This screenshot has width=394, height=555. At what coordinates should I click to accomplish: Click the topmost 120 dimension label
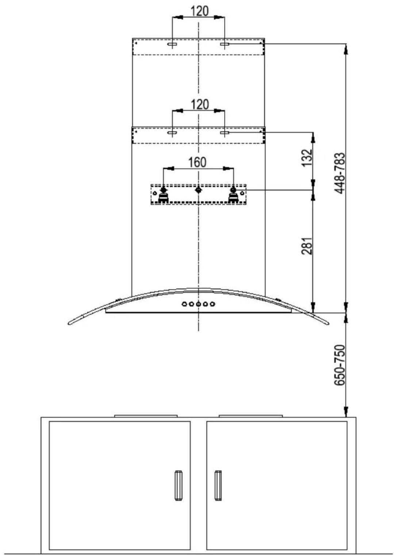point(199,11)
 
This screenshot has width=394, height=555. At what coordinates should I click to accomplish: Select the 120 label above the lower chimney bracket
point(199,104)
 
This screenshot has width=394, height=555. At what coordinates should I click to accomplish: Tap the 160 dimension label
point(197,162)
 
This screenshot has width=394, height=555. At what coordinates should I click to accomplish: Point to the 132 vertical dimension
point(306,158)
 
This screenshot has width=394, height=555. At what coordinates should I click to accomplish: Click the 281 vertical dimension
point(306,246)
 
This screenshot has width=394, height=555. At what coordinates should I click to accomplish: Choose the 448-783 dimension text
point(339,173)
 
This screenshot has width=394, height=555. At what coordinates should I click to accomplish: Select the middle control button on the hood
point(199,304)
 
